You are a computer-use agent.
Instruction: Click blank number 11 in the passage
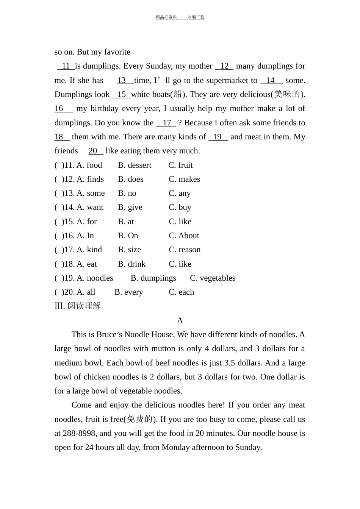point(66,66)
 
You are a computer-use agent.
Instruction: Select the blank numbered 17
point(166,123)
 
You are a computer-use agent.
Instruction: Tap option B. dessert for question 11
point(135,166)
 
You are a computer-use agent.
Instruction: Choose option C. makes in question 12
point(184,180)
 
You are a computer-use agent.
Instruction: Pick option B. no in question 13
point(127,194)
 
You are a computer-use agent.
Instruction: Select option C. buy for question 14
point(180,208)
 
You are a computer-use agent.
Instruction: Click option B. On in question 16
point(128,236)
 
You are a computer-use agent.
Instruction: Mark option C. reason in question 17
point(185,250)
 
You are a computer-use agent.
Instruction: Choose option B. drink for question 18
point(131,264)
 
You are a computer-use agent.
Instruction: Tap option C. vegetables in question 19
point(213,278)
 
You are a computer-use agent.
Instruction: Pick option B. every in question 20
point(129,292)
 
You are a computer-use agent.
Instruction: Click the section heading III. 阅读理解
point(78,306)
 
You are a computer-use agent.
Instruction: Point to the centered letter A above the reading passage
point(180,321)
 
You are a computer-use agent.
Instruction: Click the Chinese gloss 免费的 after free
point(140,419)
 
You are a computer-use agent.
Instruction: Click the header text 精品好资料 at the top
point(166,17)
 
